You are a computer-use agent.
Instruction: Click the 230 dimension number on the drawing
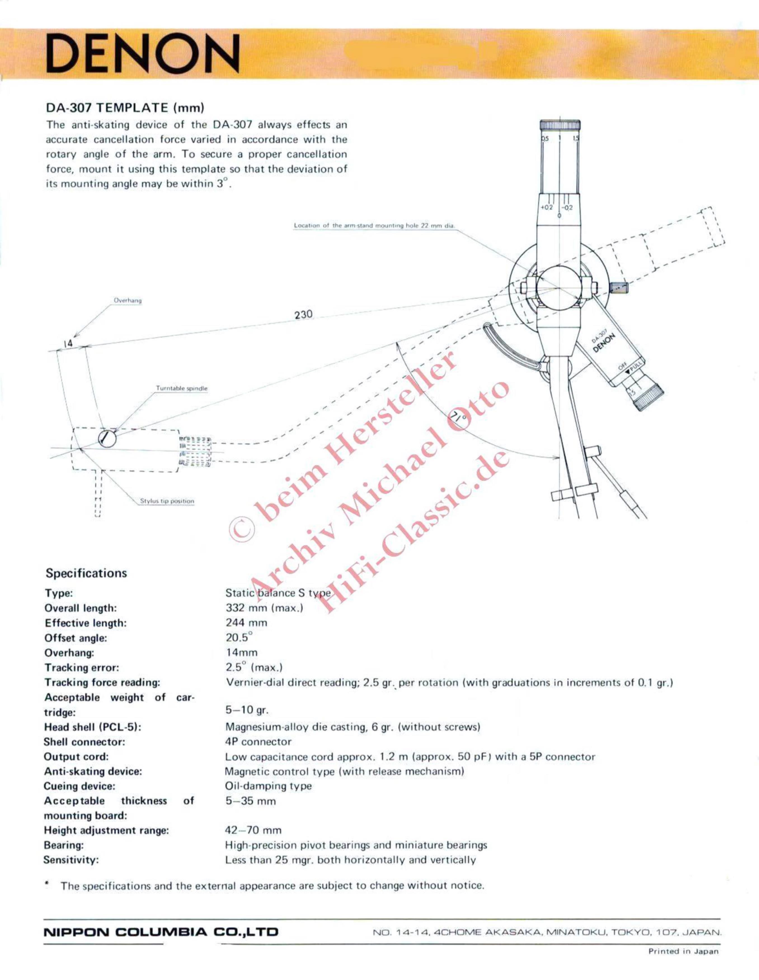pyautogui.click(x=304, y=314)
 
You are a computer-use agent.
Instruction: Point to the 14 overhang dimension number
pyautogui.click(x=68, y=343)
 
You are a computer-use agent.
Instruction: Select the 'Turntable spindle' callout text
pyautogui.click(x=182, y=388)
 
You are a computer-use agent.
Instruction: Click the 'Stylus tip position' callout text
pyautogui.click(x=167, y=501)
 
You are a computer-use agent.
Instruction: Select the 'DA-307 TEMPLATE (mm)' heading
pyautogui.click(x=125, y=108)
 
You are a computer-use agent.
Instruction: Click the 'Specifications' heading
pyautogui.click(x=86, y=573)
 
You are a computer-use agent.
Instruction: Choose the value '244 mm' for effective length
pyautogui.click(x=246, y=622)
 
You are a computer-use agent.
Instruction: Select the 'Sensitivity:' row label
pyautogui.click(x=71, y=860)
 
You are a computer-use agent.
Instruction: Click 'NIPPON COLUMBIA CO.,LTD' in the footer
pyautogui.click(x=161, y=932)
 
